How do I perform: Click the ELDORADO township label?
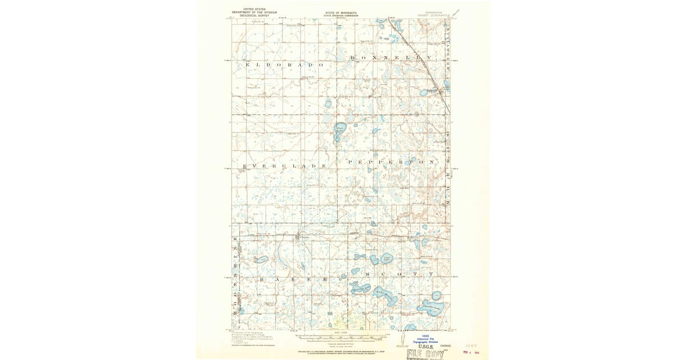[284, 65]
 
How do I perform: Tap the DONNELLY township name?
[391, 58]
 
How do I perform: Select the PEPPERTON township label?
[392, 162]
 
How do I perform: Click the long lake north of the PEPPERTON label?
[340, 133]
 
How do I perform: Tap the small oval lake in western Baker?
[261, 259]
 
